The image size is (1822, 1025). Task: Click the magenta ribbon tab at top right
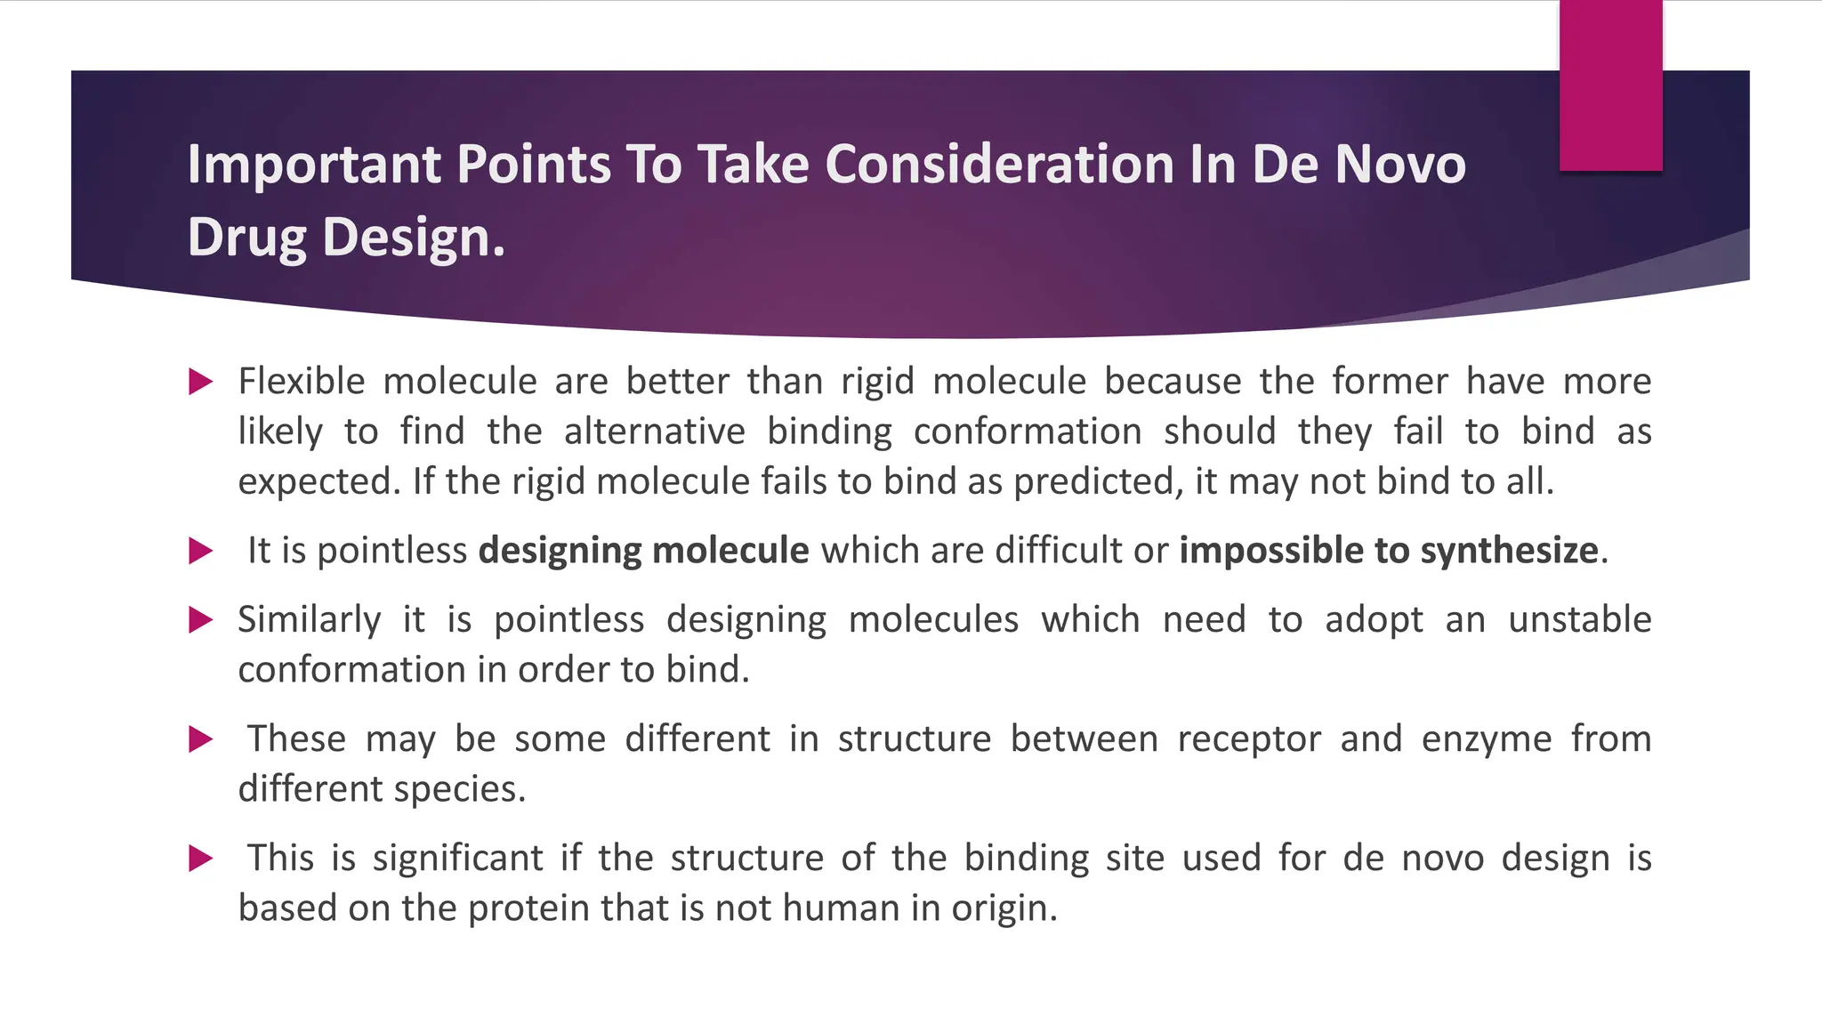click(x=1610, y=85)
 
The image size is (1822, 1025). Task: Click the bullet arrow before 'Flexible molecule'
click(x=201, y=383)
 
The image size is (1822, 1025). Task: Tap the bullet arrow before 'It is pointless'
click(x=201, y=551)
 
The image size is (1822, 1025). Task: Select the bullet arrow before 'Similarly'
click(x=201, y=620)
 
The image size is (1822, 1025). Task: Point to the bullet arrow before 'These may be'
click(x=201, y=739)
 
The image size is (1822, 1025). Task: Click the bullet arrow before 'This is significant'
click(x=201, y=859)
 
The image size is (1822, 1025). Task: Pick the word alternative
click(x=654, y=432)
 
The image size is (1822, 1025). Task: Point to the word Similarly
click(x=309, y=620)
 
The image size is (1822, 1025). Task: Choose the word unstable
click(x=1579, y=619)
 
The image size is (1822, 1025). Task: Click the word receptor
click(x=1249, y=739)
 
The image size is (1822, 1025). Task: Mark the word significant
click(x=457, y=859)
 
